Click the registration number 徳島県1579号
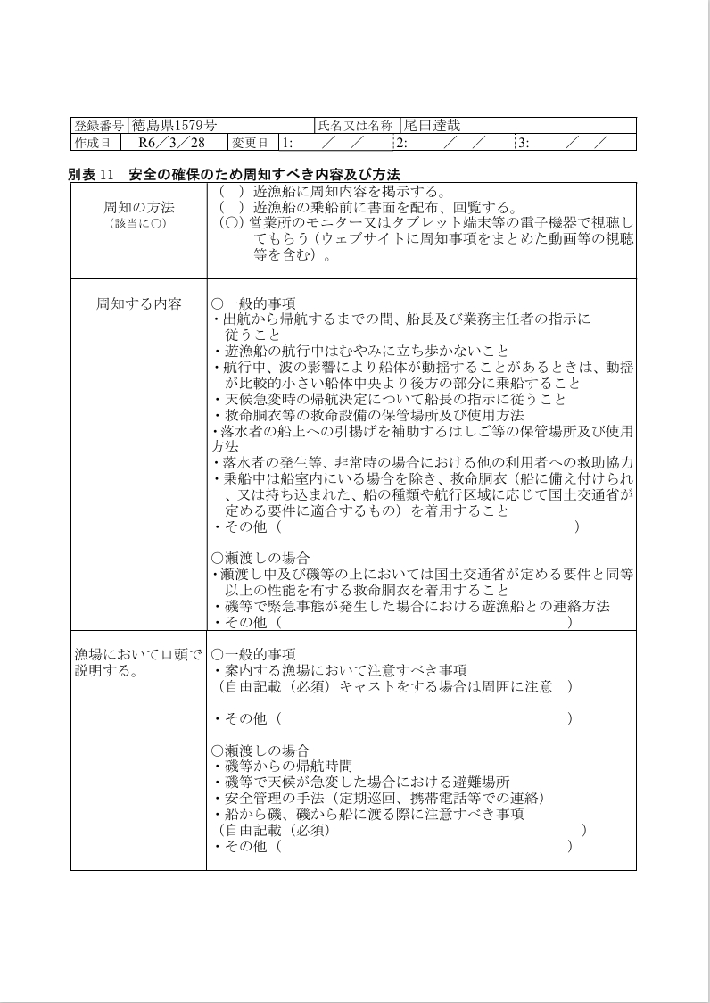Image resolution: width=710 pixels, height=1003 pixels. point(175,126)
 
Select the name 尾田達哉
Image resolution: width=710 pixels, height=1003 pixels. point(432,126)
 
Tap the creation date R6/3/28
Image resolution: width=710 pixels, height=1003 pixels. point(172,143)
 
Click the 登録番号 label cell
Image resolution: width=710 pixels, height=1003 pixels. point(99,126)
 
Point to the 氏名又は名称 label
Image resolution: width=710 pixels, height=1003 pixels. point(355,126)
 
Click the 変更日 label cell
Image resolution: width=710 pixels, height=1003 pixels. point(250,143)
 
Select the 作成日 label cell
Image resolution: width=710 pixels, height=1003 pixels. point(93,143)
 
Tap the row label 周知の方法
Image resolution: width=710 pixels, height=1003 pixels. point(138,207)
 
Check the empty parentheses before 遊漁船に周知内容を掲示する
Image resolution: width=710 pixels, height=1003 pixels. point(231,191)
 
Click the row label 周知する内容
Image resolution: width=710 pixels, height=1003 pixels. point(138,303)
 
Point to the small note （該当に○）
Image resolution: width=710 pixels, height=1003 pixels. point(138,223)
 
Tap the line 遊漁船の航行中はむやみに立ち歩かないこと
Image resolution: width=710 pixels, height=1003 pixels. point(366,351)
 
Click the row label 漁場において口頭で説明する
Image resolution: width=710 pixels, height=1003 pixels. point(138,662)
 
